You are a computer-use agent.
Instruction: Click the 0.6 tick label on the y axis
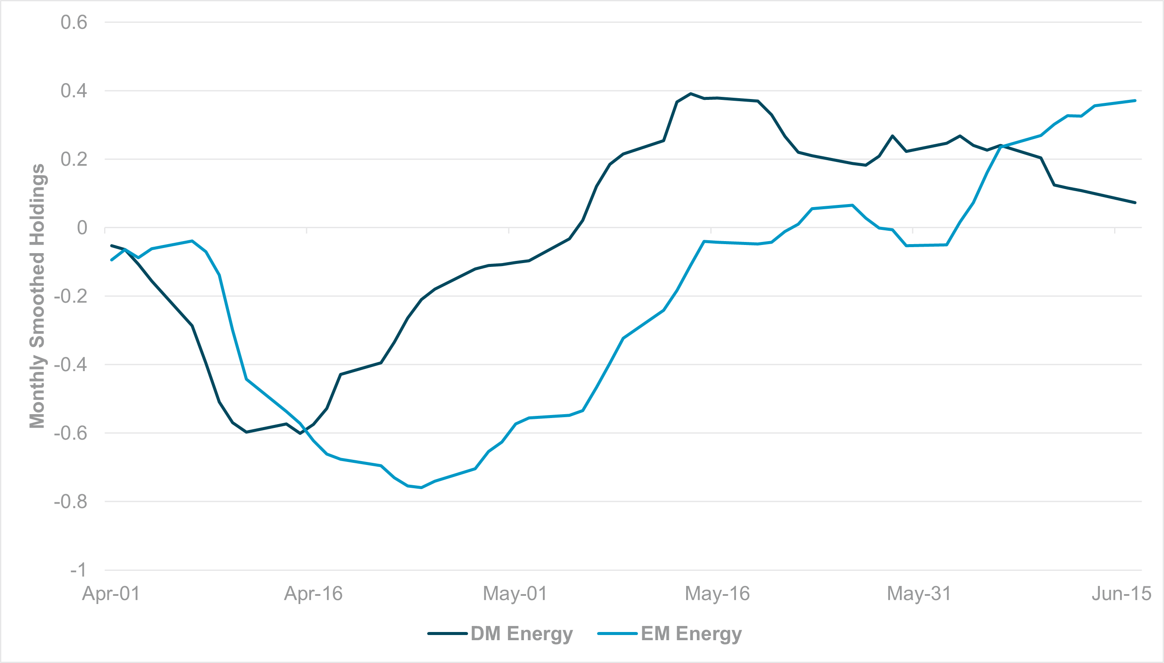click(x=74, y=22)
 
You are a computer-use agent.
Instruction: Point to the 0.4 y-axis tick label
click(x=74, y=90)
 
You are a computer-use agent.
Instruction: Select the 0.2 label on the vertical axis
click(x=74, y=159)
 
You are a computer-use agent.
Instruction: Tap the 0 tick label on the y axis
click(x=82, y=228)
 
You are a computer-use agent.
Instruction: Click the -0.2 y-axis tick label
click(x=71, y=297)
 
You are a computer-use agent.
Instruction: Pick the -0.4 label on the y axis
click(x=71, y=365)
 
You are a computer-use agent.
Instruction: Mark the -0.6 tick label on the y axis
click(x=71, y=433)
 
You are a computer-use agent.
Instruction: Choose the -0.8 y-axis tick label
click(x=71, y=502)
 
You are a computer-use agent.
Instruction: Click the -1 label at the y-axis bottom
click(x=78, y=570)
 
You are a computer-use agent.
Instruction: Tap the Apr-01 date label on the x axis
click(x=111, y=594)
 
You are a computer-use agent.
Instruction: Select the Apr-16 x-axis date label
click(x=313, y=594)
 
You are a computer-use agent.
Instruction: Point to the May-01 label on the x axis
click(x=515, y=594)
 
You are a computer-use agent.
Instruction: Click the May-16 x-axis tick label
click(x=717, y=594)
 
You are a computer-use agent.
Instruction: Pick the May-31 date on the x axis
click(x=919, y=594)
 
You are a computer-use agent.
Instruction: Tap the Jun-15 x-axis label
click(x=1121, y=594)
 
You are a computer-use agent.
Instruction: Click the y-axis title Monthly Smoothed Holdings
click(x=37, y=296)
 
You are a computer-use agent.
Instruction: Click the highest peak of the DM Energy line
click(x=690, y=93)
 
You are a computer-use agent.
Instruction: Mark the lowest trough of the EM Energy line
click(x=421, y=488)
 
